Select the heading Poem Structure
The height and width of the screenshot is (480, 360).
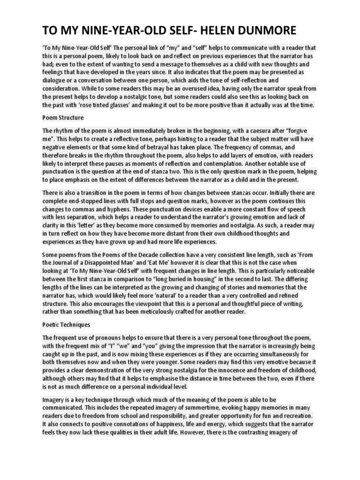tap(63, 117)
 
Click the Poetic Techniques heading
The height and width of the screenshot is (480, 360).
tap(67, 324)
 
